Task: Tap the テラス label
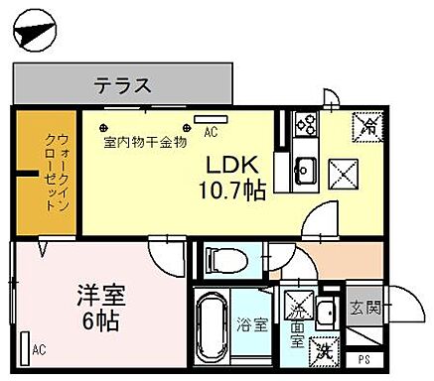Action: click(x=123, y=85)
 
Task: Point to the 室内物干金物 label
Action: click(x=145, y=142)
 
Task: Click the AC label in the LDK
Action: click(x=211, y=130)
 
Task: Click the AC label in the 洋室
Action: click(x=38, y=349)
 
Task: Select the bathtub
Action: click(x=213, y=326)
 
